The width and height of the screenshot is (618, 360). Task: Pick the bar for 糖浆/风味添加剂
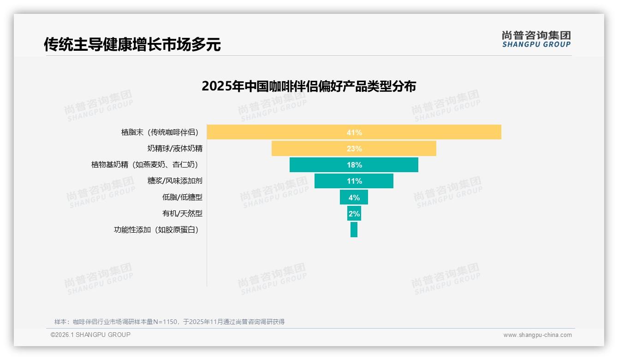pyautogui.click(x=332, y=181)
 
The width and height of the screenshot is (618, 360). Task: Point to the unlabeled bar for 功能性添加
pyautogui.click(x=354, y=229)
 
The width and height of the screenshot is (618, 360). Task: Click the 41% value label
pyautogui.click(x=354, y=132)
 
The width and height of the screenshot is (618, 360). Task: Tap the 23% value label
pyautogui.click(x=354, y=149)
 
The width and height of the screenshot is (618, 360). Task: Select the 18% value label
pyautogui.click(x=354, y=165)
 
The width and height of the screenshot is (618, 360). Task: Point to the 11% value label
pyautogui.click(x=354, y=181)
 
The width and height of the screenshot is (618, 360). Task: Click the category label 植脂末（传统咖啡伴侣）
pyautogui.click(x=160, y=132)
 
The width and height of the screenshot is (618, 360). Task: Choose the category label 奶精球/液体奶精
pyautogui.click(x=175, y=149)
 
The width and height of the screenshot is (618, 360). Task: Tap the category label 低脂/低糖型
pyautogui.click(x=182, y=197)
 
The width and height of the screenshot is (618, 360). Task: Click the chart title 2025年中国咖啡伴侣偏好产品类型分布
pyautogui.click(x=309, y=86)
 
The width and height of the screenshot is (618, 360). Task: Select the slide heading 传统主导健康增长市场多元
pyautogui.click(x=132, y=44)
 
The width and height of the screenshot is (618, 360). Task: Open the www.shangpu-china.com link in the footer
pyautogui.click(x=537, y=335)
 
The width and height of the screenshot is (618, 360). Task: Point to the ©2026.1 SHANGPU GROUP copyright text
pyautogui.click(x=90, y=335)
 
